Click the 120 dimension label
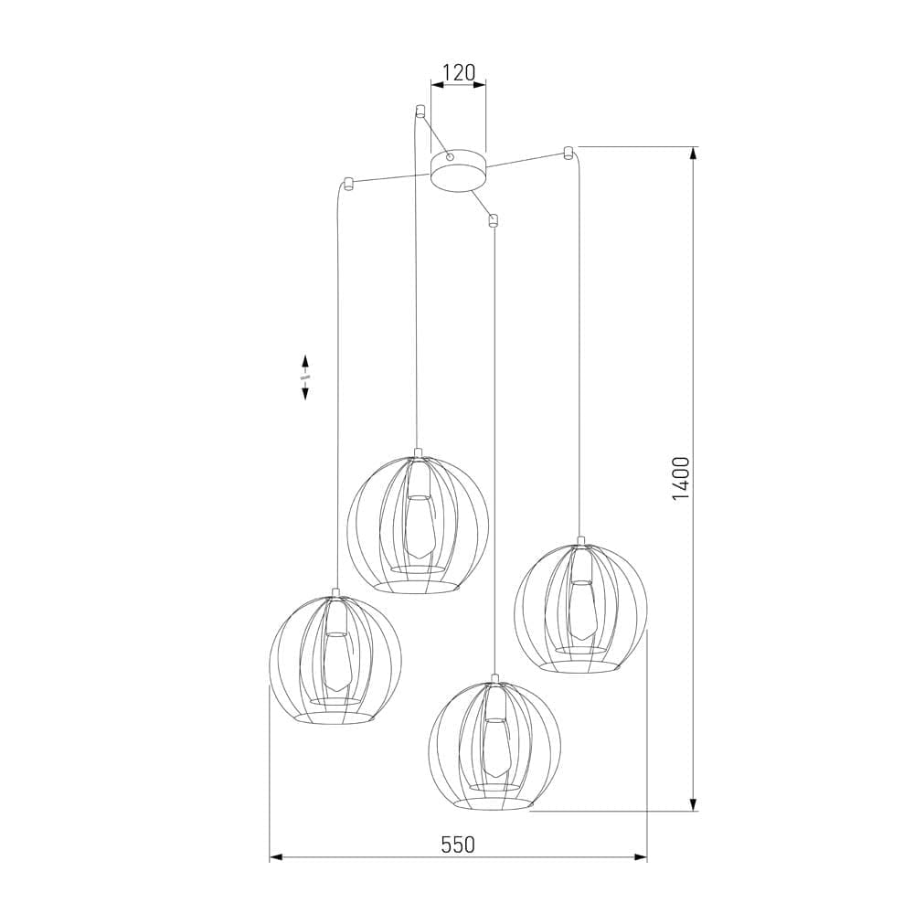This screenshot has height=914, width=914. (458, 72)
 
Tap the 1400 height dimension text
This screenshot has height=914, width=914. (680, 478)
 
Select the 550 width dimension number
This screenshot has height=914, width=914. (458, 845)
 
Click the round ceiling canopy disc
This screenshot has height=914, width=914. (458, 171)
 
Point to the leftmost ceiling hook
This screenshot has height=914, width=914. (347, 181)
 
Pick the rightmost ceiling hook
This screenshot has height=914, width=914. (568, 151)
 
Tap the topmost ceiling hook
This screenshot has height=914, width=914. (420, 112)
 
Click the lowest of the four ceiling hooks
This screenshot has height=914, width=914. (494, 219)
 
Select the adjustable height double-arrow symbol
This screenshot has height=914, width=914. (305, 377)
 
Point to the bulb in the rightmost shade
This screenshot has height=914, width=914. (579, 611)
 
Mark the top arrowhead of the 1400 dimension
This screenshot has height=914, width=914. (694, 154)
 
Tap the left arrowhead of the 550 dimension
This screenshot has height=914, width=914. (276, 857)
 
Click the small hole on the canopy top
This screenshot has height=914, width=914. (449, 158)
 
